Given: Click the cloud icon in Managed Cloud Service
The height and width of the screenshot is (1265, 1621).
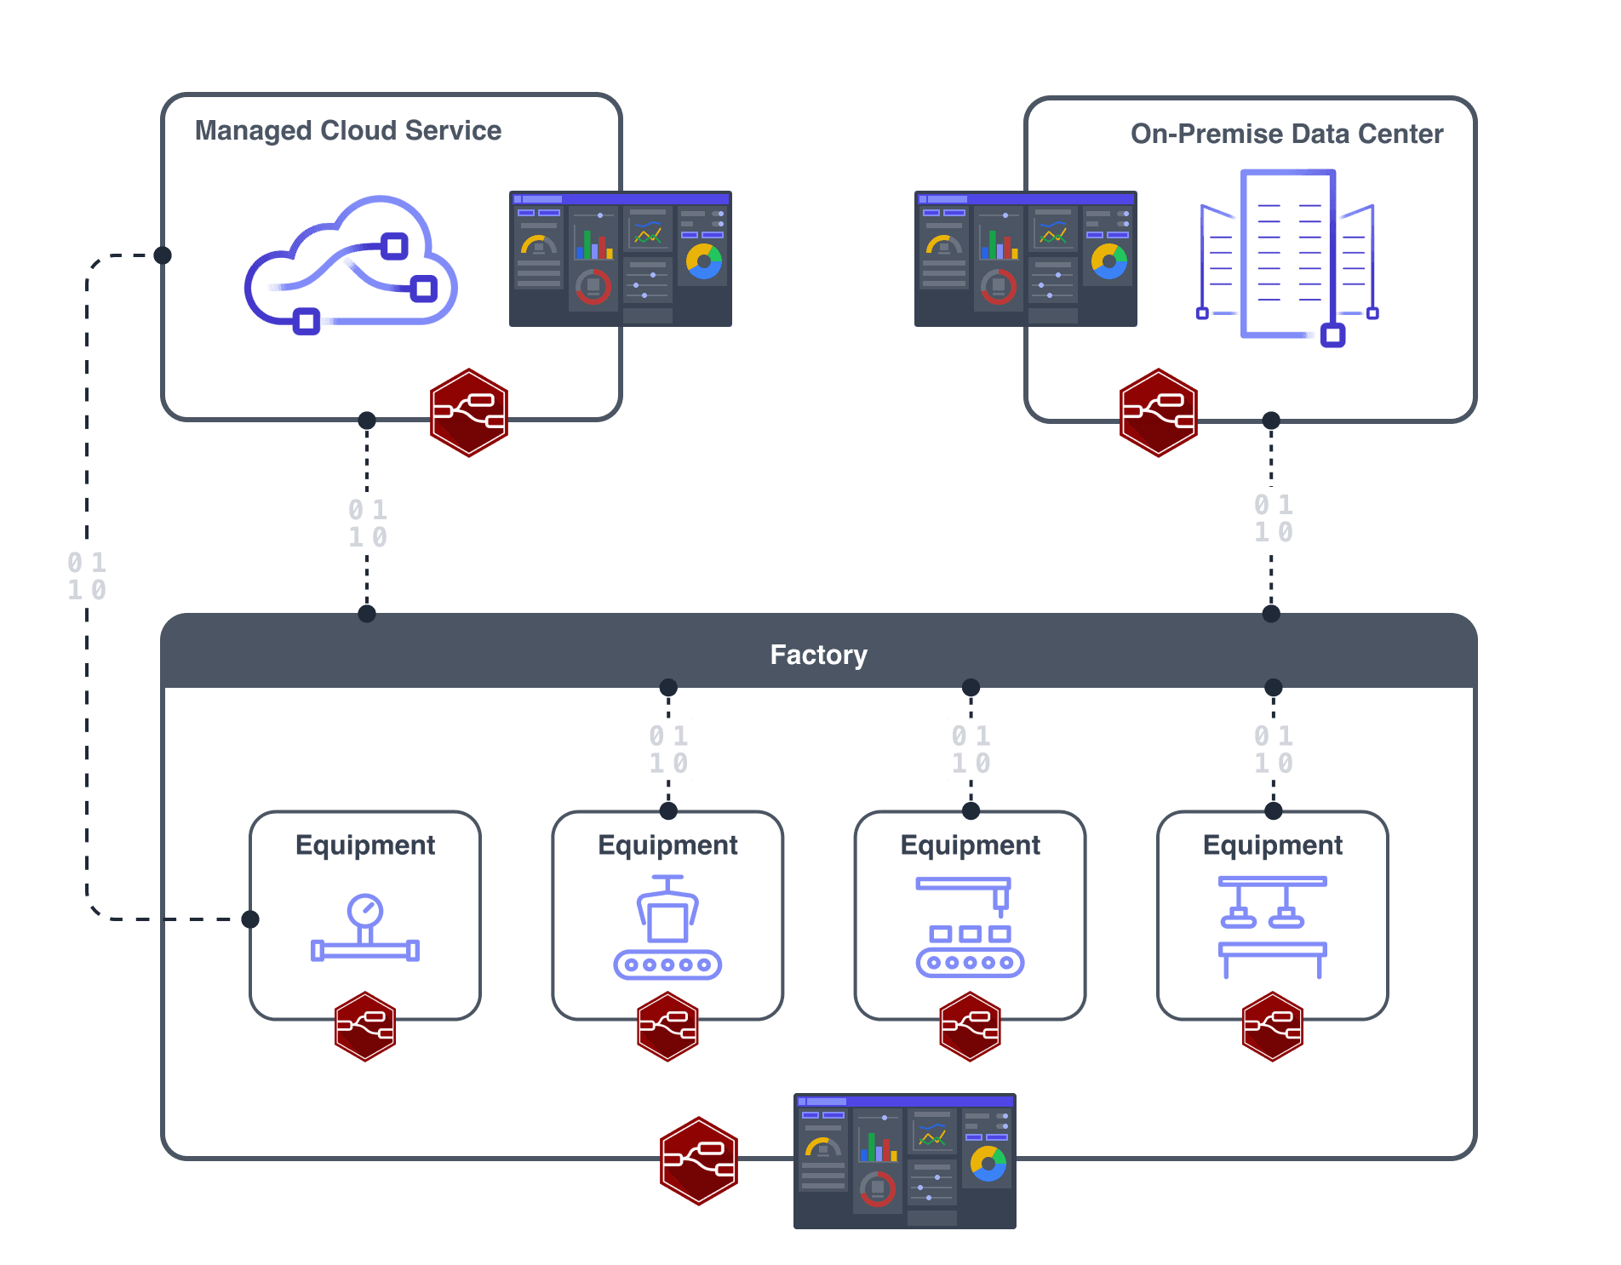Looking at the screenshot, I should [x=351, y=264].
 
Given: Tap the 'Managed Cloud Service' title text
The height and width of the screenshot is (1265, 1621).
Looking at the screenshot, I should [x=347, y=130].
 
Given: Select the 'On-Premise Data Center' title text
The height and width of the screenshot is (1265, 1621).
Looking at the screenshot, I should [x=1286, y=134].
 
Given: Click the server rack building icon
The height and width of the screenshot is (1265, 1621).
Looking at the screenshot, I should [x=1286, y=255].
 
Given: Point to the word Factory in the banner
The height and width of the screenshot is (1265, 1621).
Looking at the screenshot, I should [x=818, y=655].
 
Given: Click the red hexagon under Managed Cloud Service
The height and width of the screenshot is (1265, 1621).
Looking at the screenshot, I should [x=469, y=413].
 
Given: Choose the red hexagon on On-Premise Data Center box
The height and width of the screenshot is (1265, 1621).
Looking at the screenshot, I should [x=1159, y=413].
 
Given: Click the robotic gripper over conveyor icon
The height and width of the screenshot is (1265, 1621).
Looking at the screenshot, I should [x=667, y=928].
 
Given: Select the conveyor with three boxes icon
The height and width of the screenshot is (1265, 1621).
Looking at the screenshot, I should [x=970, y=928].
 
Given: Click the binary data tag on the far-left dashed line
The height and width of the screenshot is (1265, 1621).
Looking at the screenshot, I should [x=87, y=575].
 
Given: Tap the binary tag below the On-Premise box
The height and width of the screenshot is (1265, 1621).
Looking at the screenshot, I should [x=1273, y=518].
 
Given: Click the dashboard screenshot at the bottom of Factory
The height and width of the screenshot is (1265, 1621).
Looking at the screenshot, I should [x=904, y=1161].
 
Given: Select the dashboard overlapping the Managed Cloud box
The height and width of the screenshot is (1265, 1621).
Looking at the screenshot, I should [x=620, y=259].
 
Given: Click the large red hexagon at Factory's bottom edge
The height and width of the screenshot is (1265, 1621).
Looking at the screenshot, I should [x=699, y=1161].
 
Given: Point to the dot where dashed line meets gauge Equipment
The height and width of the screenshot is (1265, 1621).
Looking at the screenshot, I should [x=250, y=919].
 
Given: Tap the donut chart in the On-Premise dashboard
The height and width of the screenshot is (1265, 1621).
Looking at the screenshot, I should [x=1109, y=261].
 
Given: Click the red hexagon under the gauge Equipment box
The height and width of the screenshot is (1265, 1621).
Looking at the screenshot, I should [x=365, y=1027].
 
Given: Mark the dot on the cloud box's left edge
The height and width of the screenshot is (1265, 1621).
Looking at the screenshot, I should [x=163, y=255].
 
